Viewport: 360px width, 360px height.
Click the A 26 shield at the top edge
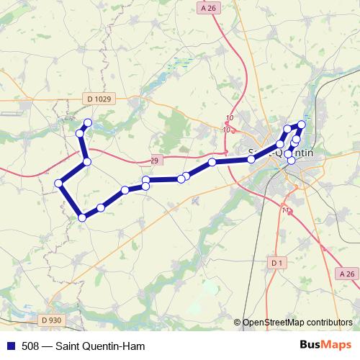click(209, 8)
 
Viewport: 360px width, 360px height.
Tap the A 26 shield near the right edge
click(346, 274)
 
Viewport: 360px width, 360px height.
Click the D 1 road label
click(276, 264)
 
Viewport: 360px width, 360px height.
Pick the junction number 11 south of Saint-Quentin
click(287, 210)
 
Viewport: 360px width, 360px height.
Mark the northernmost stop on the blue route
click(88, 122)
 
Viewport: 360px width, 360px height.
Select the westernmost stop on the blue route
click(59, 184)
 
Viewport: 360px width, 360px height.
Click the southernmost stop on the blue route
click(83, 217)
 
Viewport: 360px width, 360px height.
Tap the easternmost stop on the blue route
click(302, 125)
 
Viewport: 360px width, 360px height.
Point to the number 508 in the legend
click(30, 346)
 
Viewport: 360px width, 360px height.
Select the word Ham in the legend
click(135, 346)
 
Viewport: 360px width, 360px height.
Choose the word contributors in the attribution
click(329, 322)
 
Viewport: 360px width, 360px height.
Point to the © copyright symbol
click(238, 322)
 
